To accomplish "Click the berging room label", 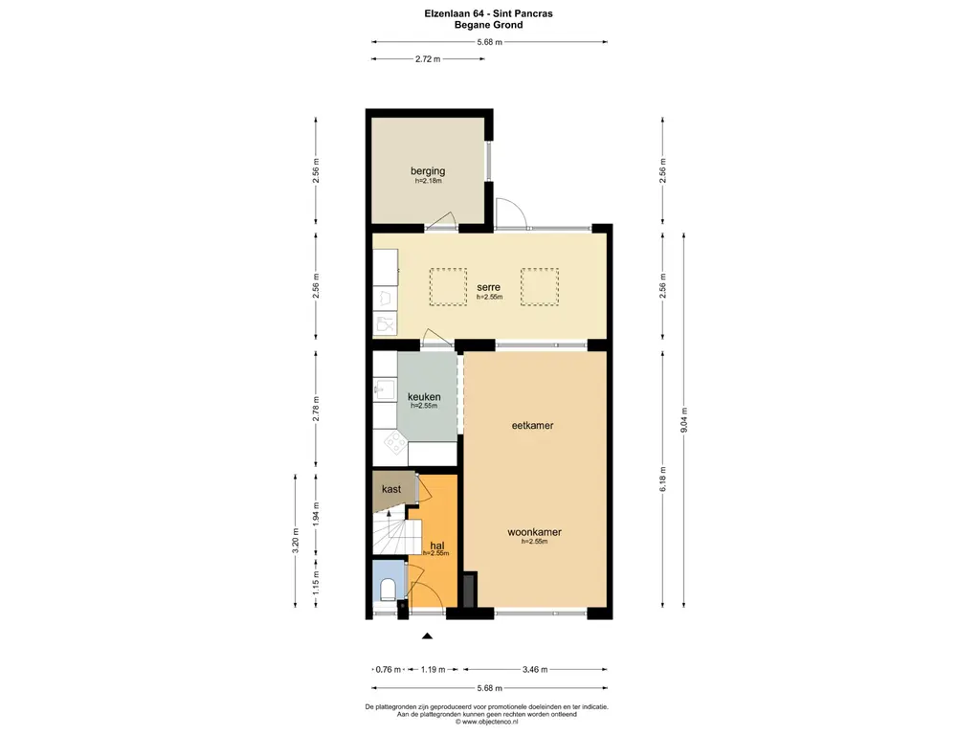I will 427,171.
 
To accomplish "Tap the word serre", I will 489,287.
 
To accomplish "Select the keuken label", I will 424,397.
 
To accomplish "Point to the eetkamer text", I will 534,425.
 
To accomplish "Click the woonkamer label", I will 534,532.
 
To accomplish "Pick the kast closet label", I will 391,489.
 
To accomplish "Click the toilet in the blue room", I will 388,588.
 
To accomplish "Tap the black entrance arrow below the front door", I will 427,635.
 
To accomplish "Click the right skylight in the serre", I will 538,286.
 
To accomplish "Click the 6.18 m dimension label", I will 662,479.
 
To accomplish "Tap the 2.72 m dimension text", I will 428,59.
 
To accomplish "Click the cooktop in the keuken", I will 393,442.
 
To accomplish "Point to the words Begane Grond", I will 489,26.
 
